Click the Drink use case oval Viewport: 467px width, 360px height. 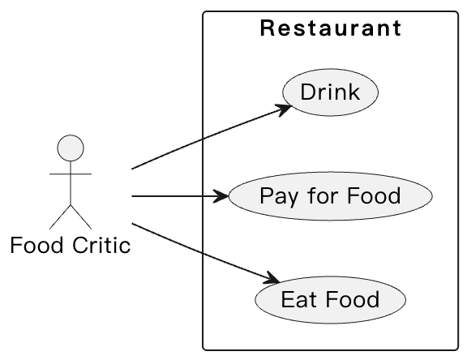(x=330, y=92)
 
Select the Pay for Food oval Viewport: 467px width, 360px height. (x=330, y=196)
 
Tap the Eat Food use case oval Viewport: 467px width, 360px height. (x=330, y=300)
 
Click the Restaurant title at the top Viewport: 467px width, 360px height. (x=330, y=29)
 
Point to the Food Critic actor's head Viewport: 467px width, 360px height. (x=71, y=149)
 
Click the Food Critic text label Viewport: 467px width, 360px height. (x=71, y=245)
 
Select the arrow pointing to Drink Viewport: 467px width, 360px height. (x=203, y=139)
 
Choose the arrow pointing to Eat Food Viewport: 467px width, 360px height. (x=203, y=253)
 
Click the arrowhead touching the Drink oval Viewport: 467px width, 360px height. (x=285, y=108)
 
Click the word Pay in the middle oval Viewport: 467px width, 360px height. (x=275, y=196)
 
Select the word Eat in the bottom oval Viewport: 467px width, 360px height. (x=295, y=300)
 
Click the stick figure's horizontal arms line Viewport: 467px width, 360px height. (x=71, y=174)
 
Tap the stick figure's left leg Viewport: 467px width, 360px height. (x=60, y=216)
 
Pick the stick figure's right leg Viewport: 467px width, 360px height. (x=81, y=216)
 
